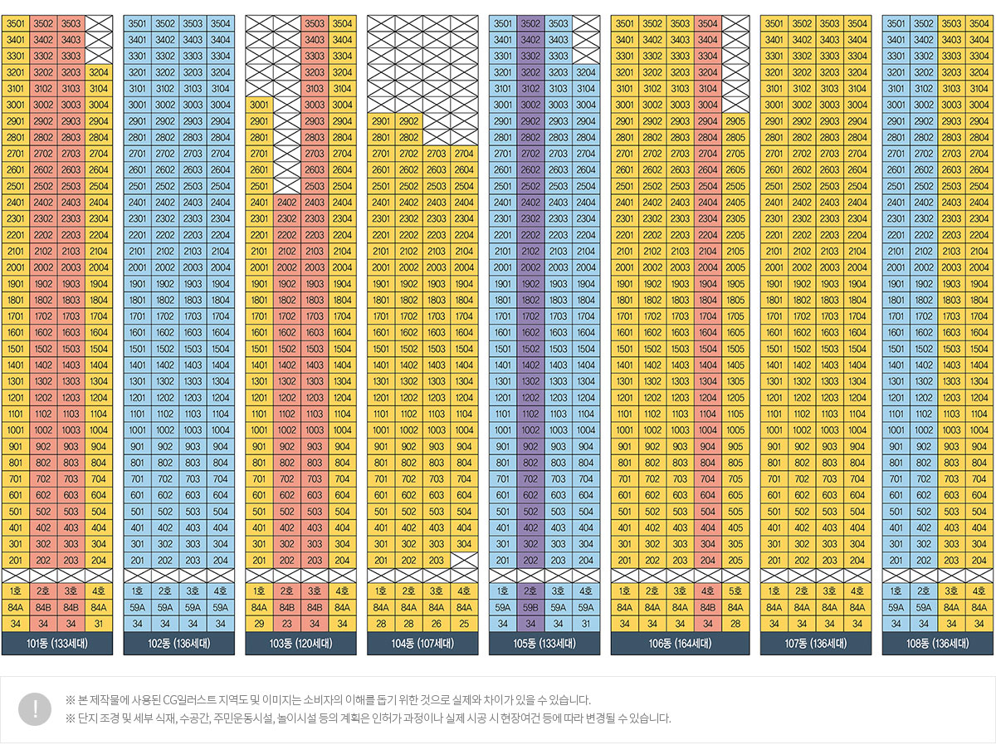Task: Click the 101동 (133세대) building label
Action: point(57,644)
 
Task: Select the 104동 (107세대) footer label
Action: point(422,644)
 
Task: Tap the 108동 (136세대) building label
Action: point(937,644)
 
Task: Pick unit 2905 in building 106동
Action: point(735,121)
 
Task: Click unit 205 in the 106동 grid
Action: point(735,560)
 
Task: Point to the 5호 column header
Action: point(735,591)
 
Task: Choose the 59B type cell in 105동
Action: point(530,607)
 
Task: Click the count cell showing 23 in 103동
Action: point(287,624)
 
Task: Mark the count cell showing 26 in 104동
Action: point(437,624)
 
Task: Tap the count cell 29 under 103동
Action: point(259,624)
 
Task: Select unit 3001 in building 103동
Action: point(259,105)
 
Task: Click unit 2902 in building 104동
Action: point(409,121)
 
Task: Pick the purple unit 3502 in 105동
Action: point(530,23)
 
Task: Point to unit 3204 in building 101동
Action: point(99,72)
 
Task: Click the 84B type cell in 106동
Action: point(708,607)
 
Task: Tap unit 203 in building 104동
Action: point(437,560)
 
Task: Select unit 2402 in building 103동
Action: point(287,202)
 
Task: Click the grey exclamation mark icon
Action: point(35,708)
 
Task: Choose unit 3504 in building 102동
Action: point(221,23)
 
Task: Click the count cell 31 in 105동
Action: point(586,624)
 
